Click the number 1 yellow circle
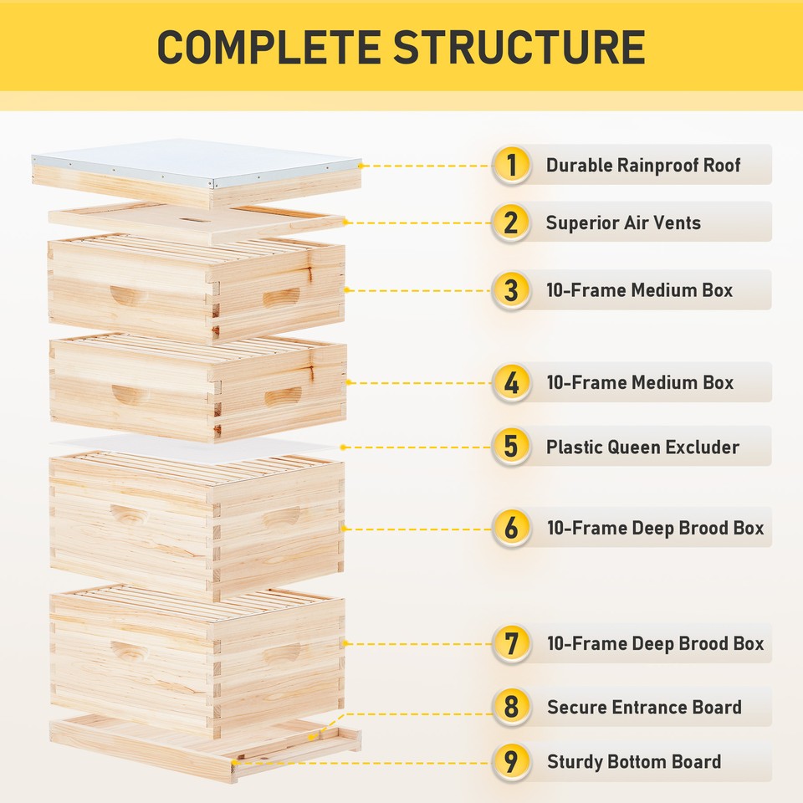pos(511,166)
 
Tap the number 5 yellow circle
pos(511,447)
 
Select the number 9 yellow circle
pos(511,762)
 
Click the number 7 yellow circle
pos(511,644)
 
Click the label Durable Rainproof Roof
pos(643,166)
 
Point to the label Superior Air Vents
pos(623,222)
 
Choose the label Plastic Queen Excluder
pos(642,447)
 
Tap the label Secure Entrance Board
pos(644,707)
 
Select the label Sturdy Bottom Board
pos(633,762)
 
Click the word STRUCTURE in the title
pos(519,47)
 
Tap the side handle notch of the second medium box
pos(283,396)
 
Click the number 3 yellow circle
pos(511,290)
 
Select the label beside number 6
pos(655,529)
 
